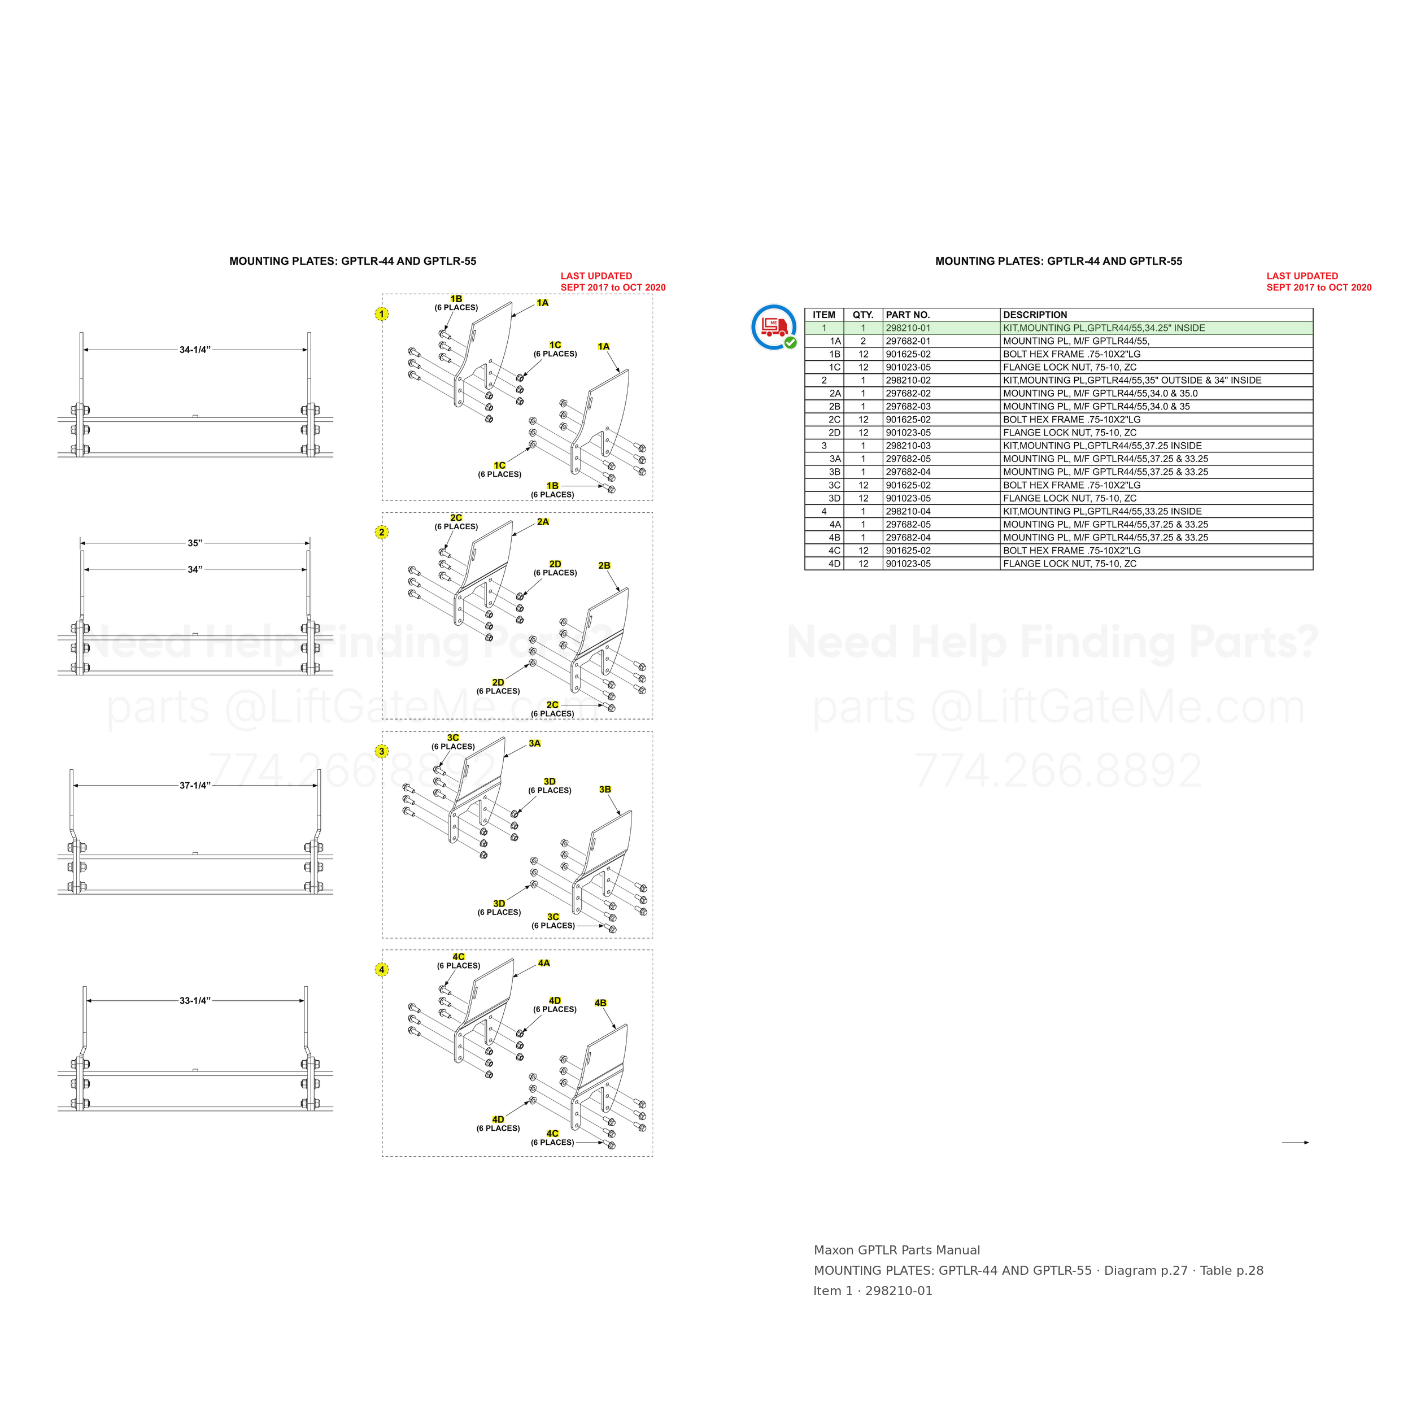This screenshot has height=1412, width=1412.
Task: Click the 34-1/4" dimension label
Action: click(195, 350)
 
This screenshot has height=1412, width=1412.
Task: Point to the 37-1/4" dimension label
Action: click(195, 786)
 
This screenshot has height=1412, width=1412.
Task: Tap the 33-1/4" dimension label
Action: click(195, 1000)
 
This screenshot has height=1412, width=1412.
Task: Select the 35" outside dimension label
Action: click(195, 543)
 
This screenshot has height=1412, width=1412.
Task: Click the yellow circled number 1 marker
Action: click(381, 313)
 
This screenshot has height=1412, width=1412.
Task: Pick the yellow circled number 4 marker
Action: click(381, 970)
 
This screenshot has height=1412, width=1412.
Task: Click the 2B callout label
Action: click(604, 566)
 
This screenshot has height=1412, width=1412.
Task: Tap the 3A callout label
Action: click(535, 743)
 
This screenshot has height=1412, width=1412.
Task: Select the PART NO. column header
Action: click(908, 315)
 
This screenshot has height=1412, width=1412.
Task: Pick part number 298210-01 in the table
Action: click(908, 328)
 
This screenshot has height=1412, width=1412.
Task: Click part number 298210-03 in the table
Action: click(908, 446)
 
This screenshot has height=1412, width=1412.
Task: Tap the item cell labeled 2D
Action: click(835, 433)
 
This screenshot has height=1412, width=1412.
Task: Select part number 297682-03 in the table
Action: click(908, 406)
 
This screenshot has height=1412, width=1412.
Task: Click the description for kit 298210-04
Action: click(1102, 512)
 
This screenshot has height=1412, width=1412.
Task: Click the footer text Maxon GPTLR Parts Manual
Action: click(897, 1250)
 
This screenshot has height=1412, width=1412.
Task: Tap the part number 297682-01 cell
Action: click(908, 341)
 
